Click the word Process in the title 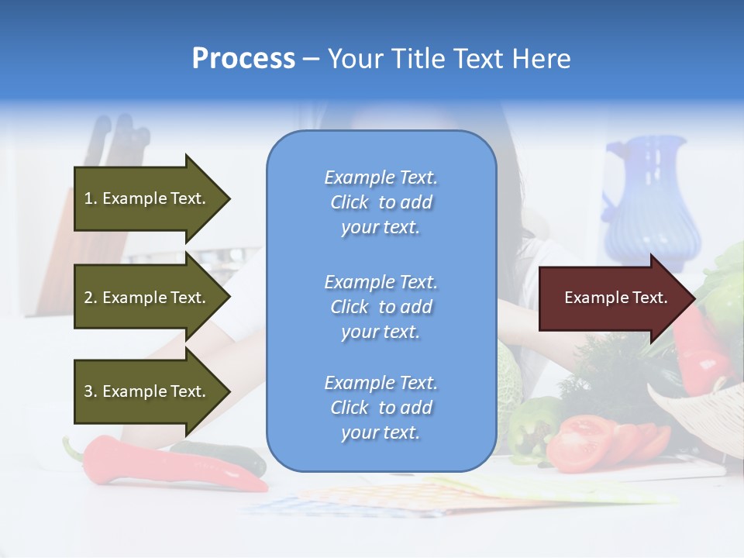pyautogui.click(x=243, y=59)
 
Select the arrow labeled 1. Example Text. pyautogui.click(x=147, y=198)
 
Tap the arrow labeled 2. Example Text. pyautogui.click(x=147, y=298)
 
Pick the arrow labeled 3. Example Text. pyautogui.click(x=147, y=391)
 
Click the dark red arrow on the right pyautogui.click(x=612, y=298)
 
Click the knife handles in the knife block pyautogui.click(x=116, y=136)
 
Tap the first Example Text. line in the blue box pyautogui.click(x=381, y=177)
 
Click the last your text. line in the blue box pyautogui.click(x=381, y=432)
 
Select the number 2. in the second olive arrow pyautogui.click(x=91, y=298)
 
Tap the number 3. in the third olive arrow pyautogui.click(x=91, y=391)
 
